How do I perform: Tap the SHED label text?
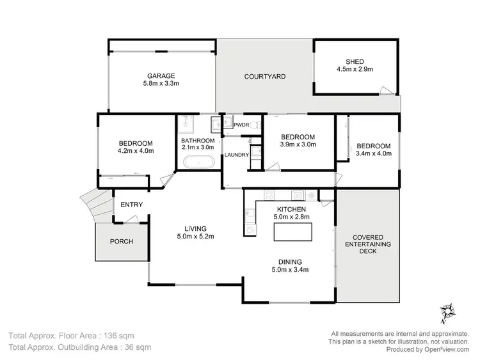click(355, 61)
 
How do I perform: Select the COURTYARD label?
click(265, 76)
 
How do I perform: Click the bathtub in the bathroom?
click(198, 162)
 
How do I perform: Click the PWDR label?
click(241, 125)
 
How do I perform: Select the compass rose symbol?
click(447, 311)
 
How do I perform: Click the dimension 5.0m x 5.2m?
click(195, 237)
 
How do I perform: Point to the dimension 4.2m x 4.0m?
click(135, 151)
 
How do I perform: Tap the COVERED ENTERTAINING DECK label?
click(369, 244)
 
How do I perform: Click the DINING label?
click(291, 262)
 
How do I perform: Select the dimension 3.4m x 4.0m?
click(373, 153)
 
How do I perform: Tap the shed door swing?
click(384, 90)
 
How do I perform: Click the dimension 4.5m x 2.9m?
click(355, 69)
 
